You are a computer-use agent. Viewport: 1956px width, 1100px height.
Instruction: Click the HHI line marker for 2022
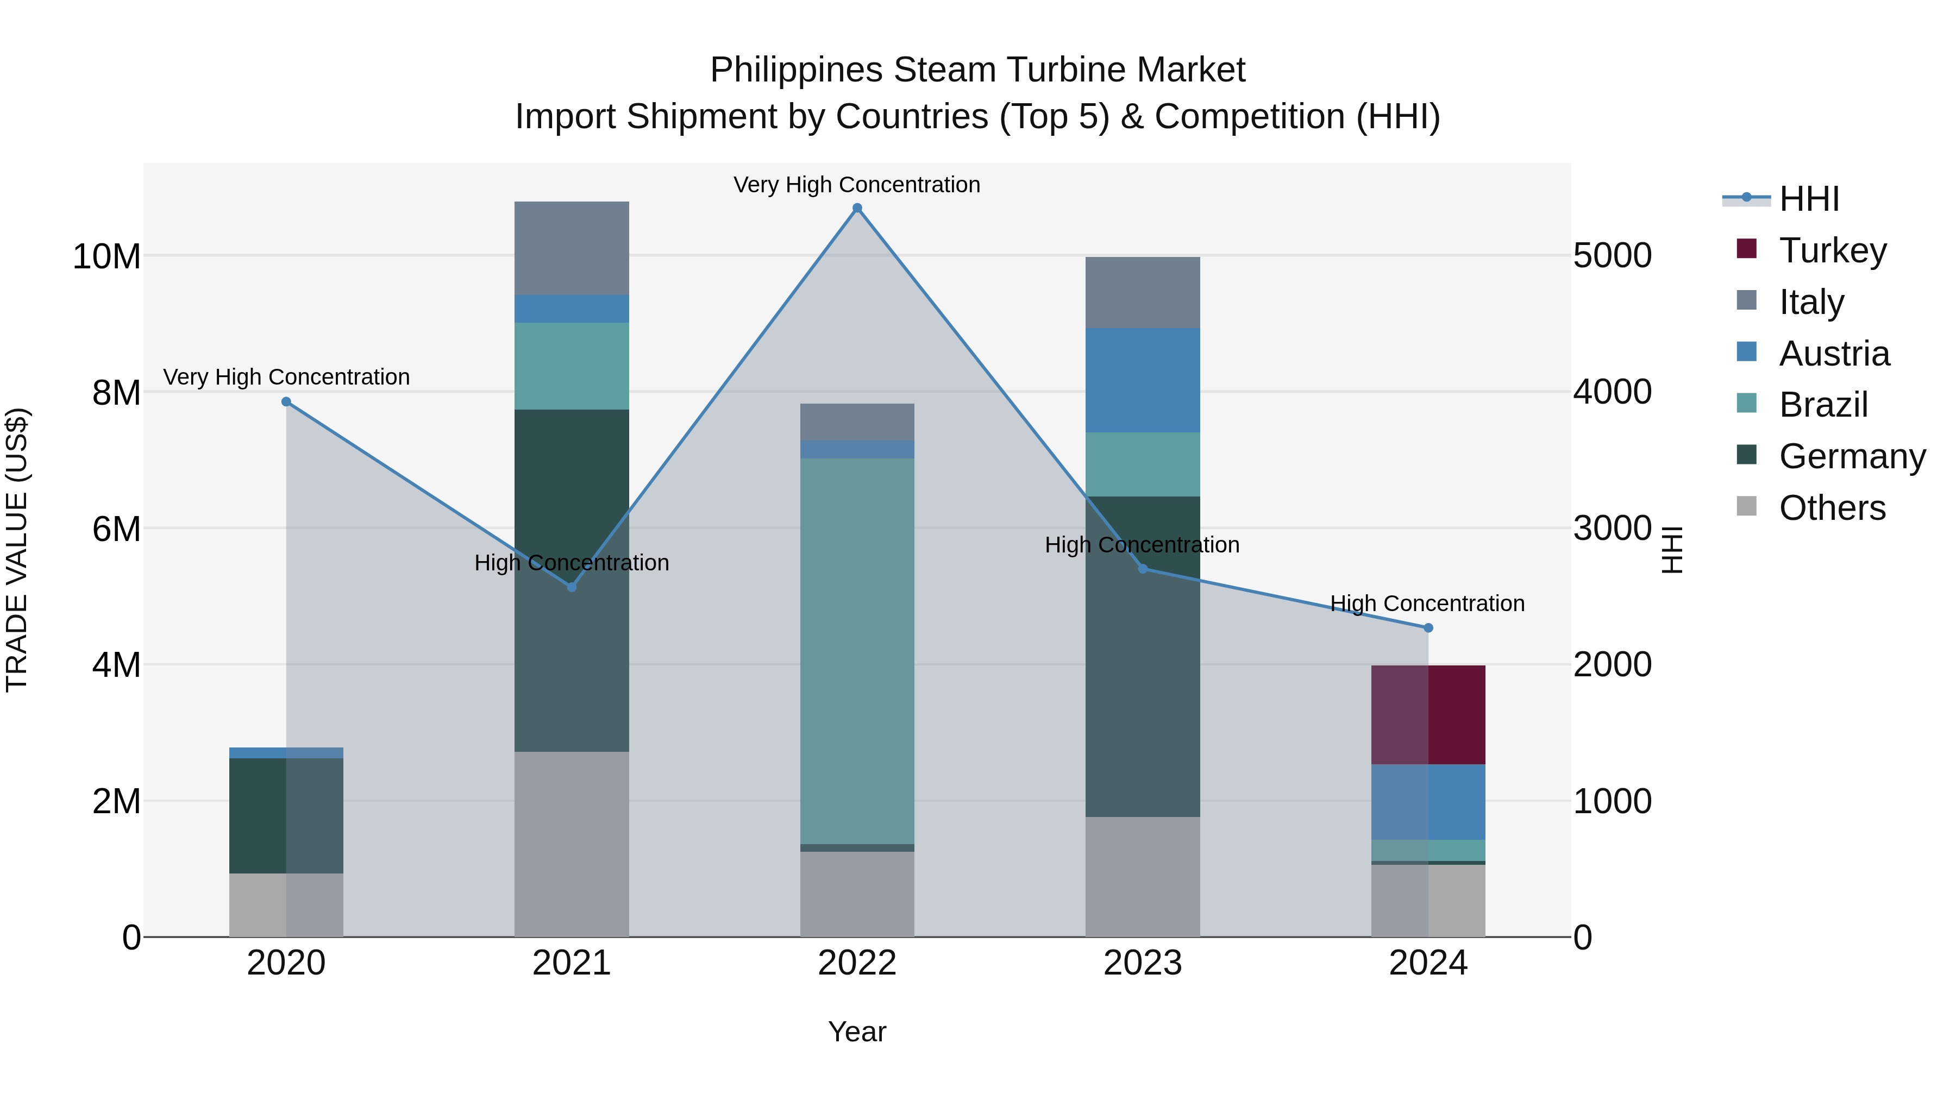857,208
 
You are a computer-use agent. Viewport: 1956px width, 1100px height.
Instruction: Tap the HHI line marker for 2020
286,401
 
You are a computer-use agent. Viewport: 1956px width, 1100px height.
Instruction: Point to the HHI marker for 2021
572,587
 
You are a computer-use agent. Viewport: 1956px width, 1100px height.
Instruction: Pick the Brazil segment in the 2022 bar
857,651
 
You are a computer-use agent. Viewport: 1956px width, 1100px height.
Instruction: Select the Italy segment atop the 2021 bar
572,248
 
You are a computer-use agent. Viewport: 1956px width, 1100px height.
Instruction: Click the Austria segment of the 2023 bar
1143,380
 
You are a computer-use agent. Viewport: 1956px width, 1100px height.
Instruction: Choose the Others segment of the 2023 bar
1143,877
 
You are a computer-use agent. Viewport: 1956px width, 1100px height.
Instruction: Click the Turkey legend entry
1832,250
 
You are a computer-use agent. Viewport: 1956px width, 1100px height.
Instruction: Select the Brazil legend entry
1822,405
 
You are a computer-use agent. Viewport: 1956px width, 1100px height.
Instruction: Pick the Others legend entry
1832,508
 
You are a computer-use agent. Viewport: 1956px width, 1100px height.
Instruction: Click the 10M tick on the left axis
106,256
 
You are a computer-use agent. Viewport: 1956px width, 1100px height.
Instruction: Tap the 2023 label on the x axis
1143,963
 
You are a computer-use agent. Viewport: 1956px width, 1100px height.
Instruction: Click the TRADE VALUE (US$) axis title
17,550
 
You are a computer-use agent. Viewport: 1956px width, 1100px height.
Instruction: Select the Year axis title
857,1032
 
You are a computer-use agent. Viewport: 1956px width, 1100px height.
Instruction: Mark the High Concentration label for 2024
1427,604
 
